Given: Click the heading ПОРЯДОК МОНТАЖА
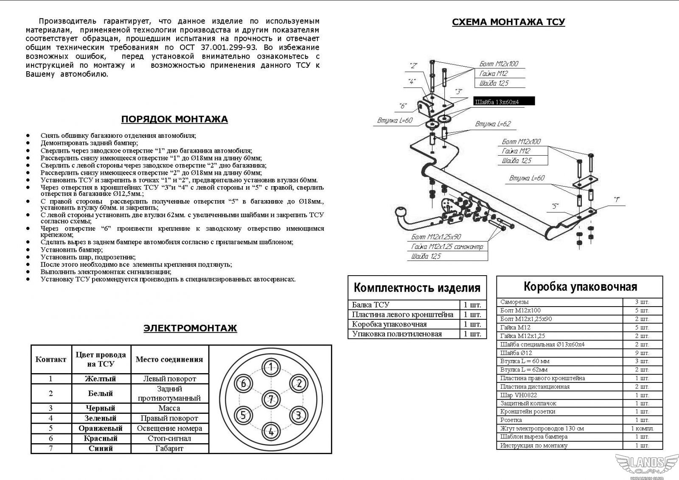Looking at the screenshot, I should coord(174,119).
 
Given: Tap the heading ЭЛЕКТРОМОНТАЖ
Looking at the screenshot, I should coord(190,328).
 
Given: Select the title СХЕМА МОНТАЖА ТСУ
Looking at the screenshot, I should coord(508,22).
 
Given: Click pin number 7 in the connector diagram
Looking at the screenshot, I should coord(270,399).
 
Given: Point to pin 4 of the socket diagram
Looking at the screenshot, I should coord(270,431).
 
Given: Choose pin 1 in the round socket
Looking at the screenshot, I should coord(270,366).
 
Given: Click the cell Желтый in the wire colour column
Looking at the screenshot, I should coord(100,379).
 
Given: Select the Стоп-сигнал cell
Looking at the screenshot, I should coord(169,438).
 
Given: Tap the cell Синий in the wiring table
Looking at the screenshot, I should coord(100,448).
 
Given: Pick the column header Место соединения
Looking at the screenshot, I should coord(169,360).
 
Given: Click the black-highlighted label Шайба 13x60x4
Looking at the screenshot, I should coord(504,102).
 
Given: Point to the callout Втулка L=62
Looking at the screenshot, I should coord(493,124).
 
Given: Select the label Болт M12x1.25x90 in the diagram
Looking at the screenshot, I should coord(436,237).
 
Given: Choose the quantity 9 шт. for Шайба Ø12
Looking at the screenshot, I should coord(642,353).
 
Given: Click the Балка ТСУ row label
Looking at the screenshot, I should coord(370,305).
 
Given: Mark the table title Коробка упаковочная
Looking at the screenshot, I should coord(580,287).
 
